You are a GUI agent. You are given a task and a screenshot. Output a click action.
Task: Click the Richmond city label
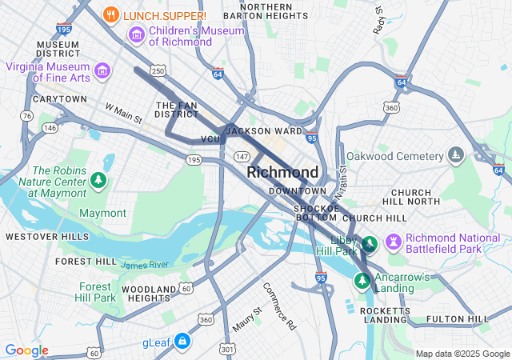click(282, 172)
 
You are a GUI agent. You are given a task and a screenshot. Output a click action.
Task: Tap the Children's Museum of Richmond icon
click(135, 35)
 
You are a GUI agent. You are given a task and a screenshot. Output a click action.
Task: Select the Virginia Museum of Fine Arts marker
click(102, 71)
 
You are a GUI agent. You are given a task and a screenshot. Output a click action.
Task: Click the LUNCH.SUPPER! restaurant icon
click(111, 15)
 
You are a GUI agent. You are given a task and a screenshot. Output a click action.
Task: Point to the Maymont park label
click(102, 213)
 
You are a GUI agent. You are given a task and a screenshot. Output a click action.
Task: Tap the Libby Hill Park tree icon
click(369, 243)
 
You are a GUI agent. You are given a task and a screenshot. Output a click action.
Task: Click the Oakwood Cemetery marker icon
click(456, 154)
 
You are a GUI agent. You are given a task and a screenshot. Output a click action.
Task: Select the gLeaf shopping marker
click(182, 342)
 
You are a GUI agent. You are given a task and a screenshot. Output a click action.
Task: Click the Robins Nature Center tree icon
click(98, 180)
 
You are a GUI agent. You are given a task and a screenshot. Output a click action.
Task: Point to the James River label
click(145, 264)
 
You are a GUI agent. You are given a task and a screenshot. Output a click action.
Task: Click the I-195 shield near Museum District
click(65, 29)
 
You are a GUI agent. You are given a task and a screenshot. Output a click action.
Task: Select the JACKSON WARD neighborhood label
click(264, 130)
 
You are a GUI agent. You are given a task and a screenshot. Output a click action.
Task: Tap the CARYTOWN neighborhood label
click(59, 99)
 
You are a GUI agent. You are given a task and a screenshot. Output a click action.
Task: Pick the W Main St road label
click(123, 113)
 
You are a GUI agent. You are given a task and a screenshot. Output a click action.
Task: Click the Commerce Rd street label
click(279, 306)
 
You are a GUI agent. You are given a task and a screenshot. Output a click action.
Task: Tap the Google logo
click(26, 350)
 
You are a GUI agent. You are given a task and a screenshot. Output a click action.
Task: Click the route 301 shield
click(229, 349)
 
